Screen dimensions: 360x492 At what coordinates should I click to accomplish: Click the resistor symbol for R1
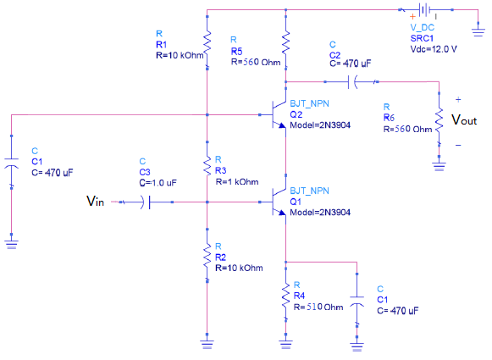pyautogui.click(x=207, y=39)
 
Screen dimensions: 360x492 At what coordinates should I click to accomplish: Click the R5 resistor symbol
pyautogui.click(x=285, y=40)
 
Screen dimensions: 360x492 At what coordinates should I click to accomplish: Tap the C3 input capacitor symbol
pyautogui.click(x=149, y=202)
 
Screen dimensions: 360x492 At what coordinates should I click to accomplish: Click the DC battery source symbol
pyautogui.click(x=423, y=10)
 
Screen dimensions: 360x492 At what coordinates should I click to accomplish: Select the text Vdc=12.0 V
pyautogui.click(x=433, y=47)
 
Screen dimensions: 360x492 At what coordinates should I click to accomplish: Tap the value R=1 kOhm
pyautogui.click(x=239, y=181)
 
